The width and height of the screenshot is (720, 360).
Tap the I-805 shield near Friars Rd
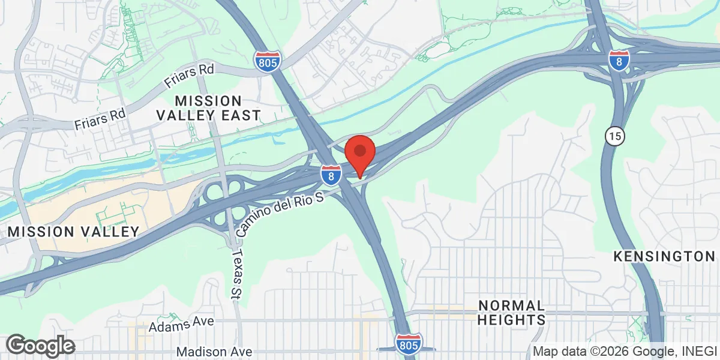click(266, 61)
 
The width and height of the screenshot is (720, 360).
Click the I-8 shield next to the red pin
click(329, 175)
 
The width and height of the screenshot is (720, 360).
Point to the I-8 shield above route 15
click(619, 61)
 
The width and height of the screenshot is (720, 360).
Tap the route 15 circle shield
click(613, 136)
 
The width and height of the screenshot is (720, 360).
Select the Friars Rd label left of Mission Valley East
click(100, 119)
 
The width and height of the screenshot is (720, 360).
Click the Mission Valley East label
click(208, 108)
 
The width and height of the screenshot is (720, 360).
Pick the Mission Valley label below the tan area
click(73, 232)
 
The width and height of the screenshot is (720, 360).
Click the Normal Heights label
click(511, 312)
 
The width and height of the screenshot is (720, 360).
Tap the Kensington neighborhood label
click(664, 257)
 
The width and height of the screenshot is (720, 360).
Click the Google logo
click(40, 346)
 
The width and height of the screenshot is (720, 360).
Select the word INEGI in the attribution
click(697, 352)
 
